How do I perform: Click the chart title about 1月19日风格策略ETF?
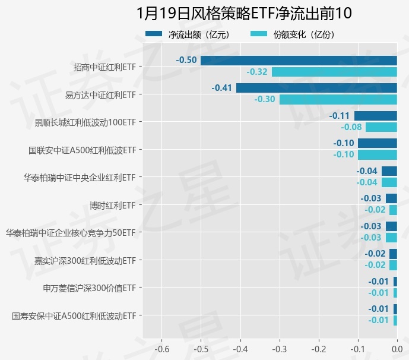(244, 13)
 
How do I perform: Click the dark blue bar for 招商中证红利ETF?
(299, 60)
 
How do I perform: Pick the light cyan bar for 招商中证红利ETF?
(334, 72)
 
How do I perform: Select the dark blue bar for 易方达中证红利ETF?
(316, 88)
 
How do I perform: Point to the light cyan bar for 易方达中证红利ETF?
(338, 99)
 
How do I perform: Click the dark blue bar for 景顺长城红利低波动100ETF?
(376, 116)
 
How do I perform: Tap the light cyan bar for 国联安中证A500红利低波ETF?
(378, 154)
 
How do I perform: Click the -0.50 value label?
(186, 60)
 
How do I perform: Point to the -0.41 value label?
(222, 88)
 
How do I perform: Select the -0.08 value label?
(351, 127)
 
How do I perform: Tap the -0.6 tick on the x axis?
(162, 349)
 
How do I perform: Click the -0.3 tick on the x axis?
(280, 349)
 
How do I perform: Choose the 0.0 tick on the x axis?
(397, 349)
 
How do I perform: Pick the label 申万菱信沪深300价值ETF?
(90, 288)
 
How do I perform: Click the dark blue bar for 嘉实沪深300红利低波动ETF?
(394, 254)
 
